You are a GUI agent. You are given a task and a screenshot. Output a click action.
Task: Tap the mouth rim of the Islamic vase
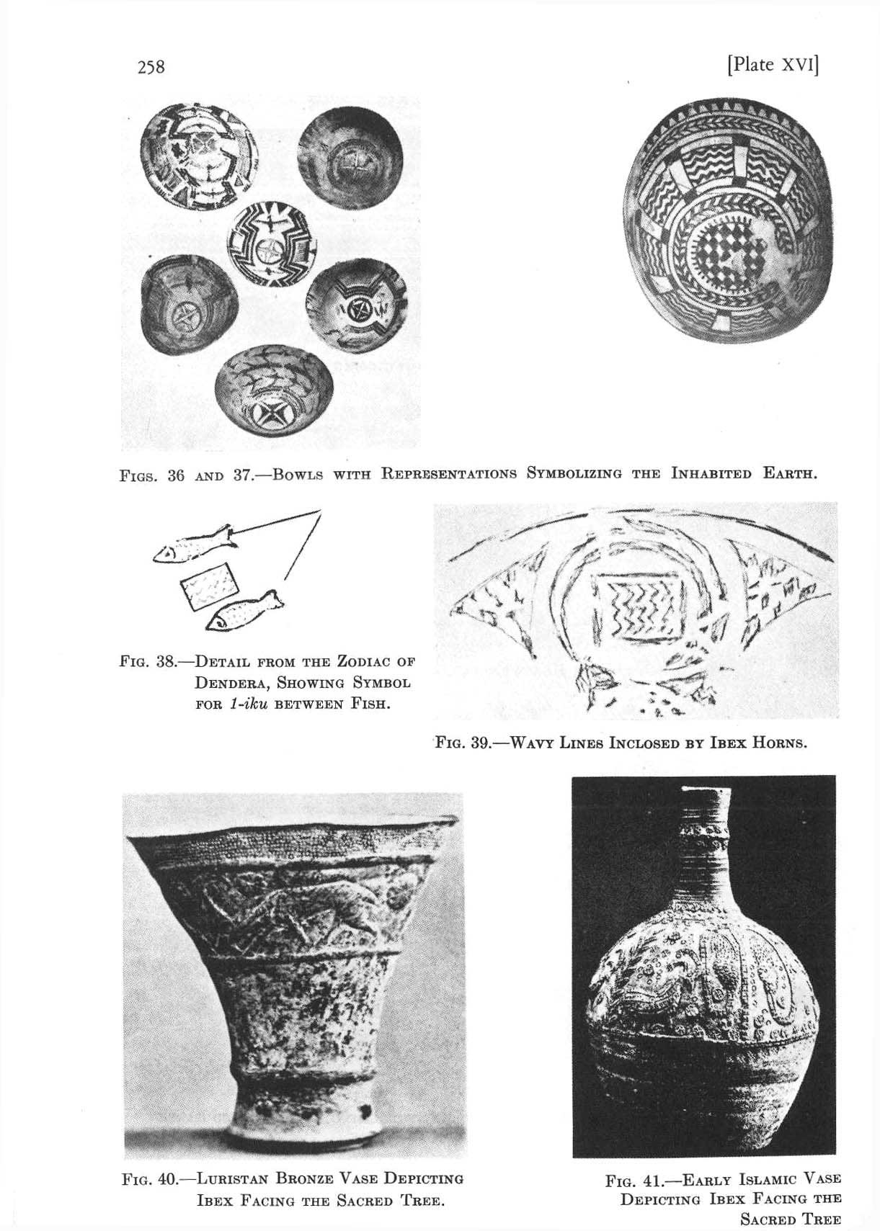point(704,790)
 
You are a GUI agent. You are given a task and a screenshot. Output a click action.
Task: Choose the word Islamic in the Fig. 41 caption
point(766,1180)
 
